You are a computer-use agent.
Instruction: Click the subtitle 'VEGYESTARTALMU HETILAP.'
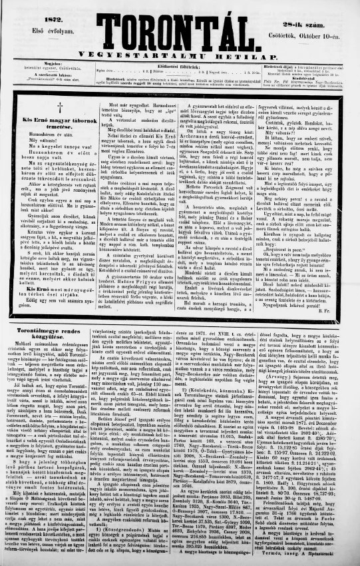coord(180,55)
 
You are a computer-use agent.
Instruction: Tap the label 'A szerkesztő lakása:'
coord(27,75)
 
